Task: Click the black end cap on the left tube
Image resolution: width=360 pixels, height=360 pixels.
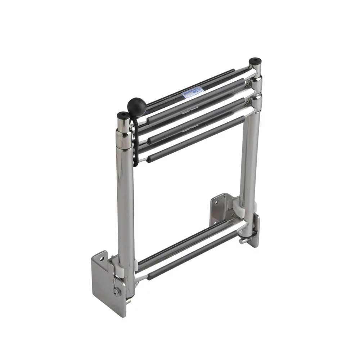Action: [122, 116]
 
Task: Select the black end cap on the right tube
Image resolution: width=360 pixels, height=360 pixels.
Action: [255, 60]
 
